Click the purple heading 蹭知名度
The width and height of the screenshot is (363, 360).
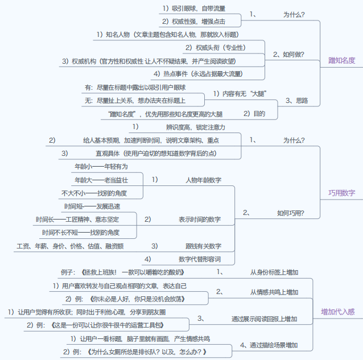tap(341, 60)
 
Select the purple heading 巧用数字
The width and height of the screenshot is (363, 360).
tap(341, 193)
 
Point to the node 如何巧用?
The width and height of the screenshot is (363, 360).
tap(290, 213)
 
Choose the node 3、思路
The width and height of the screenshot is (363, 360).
tap(296, 100)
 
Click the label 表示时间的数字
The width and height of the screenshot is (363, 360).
tap(200, 219)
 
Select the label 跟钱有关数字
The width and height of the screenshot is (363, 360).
tap(203, 246)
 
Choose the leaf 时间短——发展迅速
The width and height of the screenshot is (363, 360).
tap(92, 206)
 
